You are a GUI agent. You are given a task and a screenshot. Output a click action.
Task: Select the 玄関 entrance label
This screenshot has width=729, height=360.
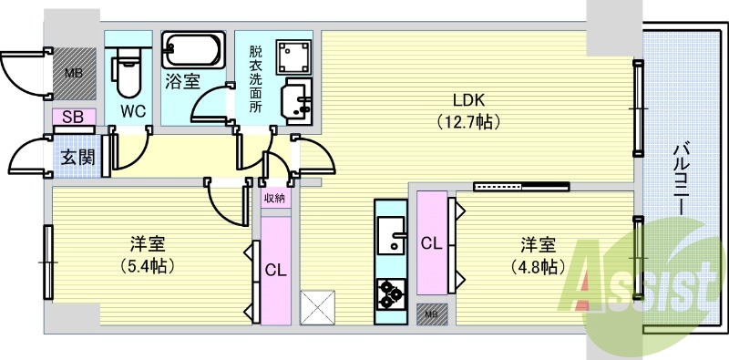pyautogui.click(x=77, y=157)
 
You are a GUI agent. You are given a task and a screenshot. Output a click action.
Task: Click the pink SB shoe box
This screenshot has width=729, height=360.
pyautogui.click(x=73, y=117)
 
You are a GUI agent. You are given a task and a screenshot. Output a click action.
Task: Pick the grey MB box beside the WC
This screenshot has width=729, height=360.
pyautogui.click(x=73, y=73)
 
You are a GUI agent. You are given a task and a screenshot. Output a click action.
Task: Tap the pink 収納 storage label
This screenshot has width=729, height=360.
pyautogui.click(x=275, y=198)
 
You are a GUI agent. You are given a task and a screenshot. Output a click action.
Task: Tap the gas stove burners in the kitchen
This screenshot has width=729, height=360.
pyautogui.click(x=391, y=292)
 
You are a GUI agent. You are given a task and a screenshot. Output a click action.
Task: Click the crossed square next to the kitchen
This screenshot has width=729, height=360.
pyautogui.click(x=317, y=305)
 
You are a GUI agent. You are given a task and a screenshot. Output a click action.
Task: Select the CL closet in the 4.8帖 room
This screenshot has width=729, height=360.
pyautogui.click(x=431, y=243)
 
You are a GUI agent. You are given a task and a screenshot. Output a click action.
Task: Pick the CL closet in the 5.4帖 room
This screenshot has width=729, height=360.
pyautogui.click(x=275, y=270)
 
